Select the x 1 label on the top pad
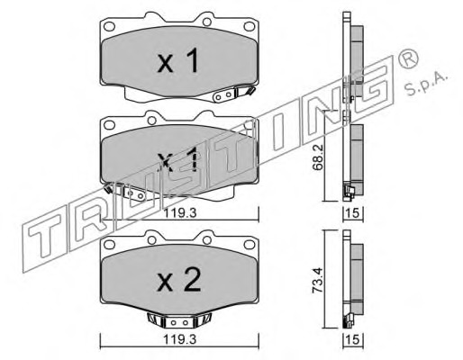click(x=177, y=60)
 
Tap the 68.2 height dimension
click(x=317, y=157)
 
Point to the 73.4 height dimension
click(x=317, y=280)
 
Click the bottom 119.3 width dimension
click(x=179, y=339)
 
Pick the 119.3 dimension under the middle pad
click(x=180, y=213)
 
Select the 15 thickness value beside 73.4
click(x=353, y=339)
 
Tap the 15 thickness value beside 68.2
click(x=353, y=213)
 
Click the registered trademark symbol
click(x=407, y=58)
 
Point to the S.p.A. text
click(x=426, y=83)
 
